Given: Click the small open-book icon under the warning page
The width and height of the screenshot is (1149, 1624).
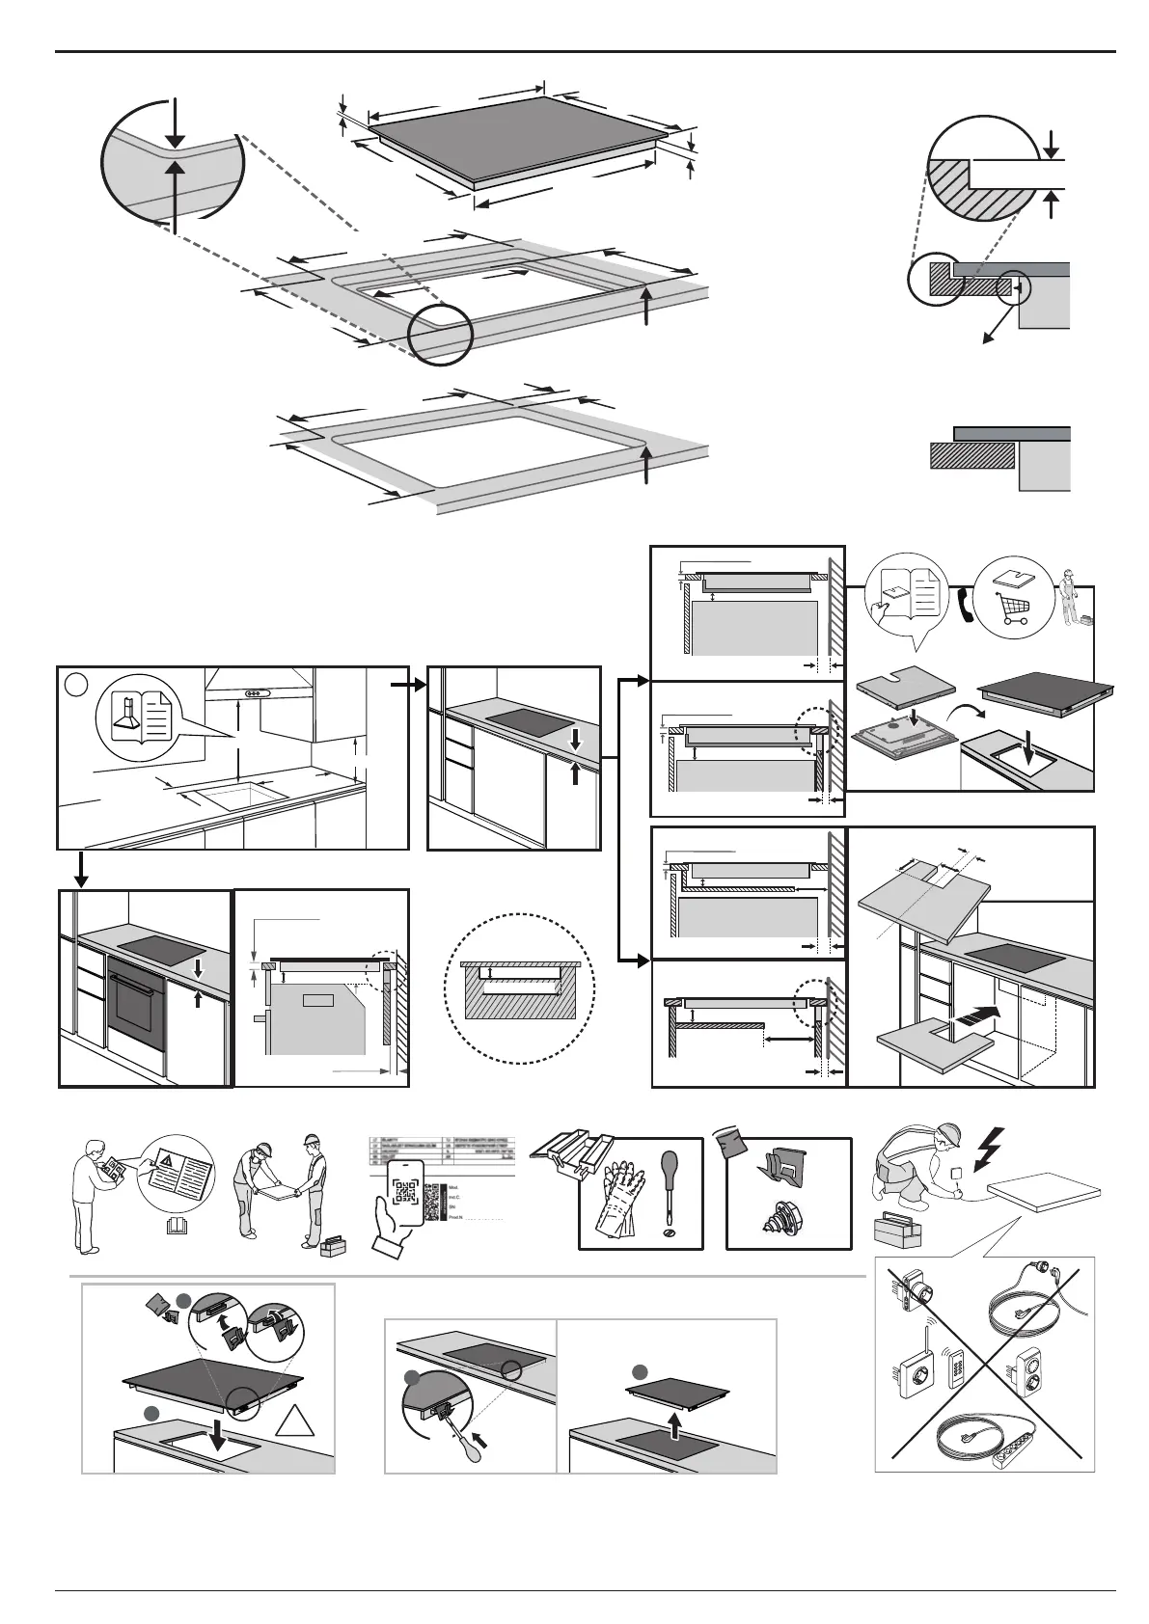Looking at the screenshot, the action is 175,1226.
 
